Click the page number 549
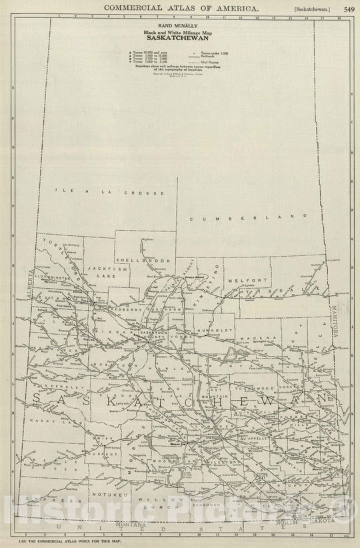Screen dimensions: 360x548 click(x=349, y=9)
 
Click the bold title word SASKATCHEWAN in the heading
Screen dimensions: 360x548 click(x=180, y=37)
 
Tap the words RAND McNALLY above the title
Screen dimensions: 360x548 click(x=180, y=25)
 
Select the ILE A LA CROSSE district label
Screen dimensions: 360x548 click(x=109, y=192)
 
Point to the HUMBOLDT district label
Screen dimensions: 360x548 click(x=215, y=329)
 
